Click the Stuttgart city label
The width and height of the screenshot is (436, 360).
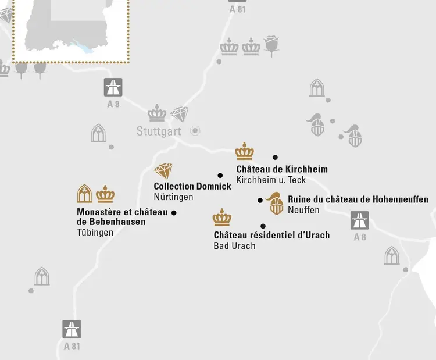point(159,131)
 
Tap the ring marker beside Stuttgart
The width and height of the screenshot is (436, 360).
point(195,130)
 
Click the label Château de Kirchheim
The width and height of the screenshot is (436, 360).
point(282,169)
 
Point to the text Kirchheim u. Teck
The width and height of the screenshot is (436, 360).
point(271,180)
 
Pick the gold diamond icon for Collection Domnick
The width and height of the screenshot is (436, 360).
point(163,171)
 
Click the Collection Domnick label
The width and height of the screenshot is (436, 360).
point(192,187)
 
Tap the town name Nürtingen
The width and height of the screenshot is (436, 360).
point(173,197)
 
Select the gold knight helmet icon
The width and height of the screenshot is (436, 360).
point(275,203)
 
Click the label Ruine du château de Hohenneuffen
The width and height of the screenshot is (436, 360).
point(358,199)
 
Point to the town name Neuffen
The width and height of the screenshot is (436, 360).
point(303,210)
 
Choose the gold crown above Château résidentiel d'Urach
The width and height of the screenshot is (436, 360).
point(222,218)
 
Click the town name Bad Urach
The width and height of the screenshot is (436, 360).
point(234,245)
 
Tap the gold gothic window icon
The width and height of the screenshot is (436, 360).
point(85,194)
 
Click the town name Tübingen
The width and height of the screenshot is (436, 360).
point(95,233)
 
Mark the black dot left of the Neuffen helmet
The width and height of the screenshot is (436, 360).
point(260,201)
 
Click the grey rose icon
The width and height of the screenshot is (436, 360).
point(271,45)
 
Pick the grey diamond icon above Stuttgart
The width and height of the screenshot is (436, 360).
point(180,113)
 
